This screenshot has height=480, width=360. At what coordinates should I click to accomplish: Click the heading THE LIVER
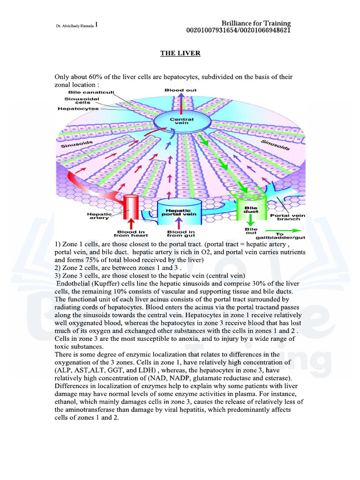coord(180,53)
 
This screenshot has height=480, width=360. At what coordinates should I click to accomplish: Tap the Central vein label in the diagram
coord(182,121)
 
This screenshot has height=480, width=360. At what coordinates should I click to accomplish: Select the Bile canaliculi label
coord(91,92)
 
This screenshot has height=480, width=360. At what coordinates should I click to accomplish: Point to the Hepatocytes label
coord(78,109)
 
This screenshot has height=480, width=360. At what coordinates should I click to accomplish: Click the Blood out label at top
coord(180,90)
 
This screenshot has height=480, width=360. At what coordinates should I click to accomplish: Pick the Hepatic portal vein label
coord(179,212)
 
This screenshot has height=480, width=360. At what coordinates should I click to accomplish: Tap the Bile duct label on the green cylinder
coord(251,210)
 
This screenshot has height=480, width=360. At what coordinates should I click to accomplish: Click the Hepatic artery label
coord(99,216)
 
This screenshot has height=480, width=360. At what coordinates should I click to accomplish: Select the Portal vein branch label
coord(288,217)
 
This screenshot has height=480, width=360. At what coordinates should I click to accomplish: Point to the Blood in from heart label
coord(131,233)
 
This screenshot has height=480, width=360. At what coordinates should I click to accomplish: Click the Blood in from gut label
coord(181,233)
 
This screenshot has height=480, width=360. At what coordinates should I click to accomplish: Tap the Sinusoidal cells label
coord(82,101)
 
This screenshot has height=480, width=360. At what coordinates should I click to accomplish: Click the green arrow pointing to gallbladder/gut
coord(283,231)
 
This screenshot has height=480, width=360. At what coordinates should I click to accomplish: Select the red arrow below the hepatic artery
coord(131,224)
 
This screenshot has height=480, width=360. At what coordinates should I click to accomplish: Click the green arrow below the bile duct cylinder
coord(251,220)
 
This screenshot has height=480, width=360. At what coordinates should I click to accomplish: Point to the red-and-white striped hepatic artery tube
coord(131,207)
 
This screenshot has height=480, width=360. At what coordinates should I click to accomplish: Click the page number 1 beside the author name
coord(97,24)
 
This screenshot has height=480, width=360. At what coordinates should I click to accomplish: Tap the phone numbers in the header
coord(239,30)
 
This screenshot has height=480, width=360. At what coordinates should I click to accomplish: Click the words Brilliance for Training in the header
coord(256,23)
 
